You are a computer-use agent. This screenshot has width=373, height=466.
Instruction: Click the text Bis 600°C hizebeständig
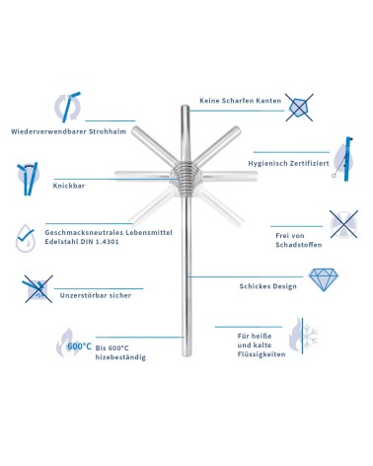coord(120,351)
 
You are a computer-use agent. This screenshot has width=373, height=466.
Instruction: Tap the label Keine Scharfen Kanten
coord(241,101)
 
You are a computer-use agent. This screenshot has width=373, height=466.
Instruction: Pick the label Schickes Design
coord(268,285)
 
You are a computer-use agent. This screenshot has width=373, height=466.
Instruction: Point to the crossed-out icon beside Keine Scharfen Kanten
coord(300,102)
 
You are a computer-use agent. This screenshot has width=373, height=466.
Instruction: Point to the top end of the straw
coord(186,107)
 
